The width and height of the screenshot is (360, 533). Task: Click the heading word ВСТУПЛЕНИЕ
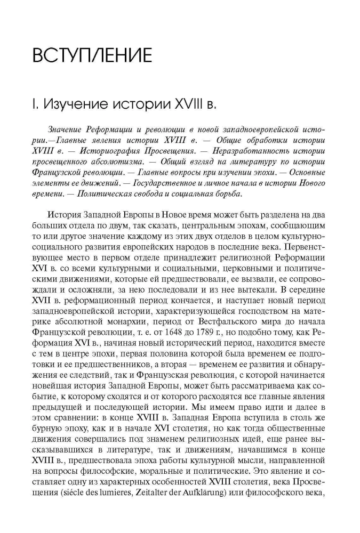[x=92, y=55]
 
